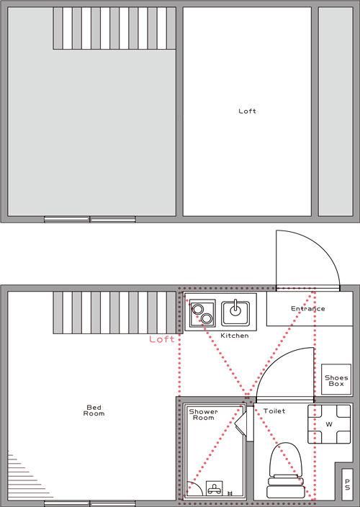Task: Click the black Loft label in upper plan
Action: point(247,111)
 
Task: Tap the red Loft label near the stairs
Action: point(161,339)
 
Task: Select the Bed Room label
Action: point(94,410)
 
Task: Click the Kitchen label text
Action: point(235,336)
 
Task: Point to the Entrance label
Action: point(308,308)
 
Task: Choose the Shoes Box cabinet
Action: point(336,380)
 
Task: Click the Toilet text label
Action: point(274,411)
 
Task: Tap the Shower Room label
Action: point(203,415)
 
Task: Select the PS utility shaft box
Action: point(347,485)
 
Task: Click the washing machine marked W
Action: point(329,424)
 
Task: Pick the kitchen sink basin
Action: point(235,313)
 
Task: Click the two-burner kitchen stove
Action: point(202,313)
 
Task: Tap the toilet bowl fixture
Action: point(286,470)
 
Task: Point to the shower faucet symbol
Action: point(215,488)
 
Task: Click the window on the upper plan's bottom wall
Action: point(90,220)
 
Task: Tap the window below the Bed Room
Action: point(90,503)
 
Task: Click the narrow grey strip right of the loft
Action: point(336,112)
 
